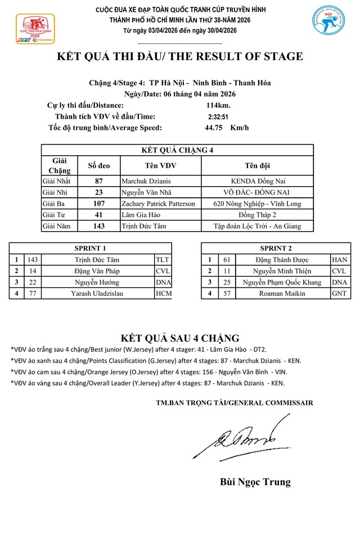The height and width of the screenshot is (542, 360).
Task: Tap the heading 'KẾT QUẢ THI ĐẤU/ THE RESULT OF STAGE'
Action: tap(180, 56)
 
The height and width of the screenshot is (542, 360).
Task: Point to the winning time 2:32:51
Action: tap(218, 116)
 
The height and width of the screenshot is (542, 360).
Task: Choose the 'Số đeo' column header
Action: tap(99, 166)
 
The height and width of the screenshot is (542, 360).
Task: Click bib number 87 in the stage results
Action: tap(99, 181)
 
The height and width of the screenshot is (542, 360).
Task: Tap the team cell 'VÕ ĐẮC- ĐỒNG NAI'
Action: tap(256, 192)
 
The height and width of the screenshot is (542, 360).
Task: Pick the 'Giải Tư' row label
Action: tap(55, 215)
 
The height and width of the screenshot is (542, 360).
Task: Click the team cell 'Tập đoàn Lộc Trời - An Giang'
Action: tap(256, 226)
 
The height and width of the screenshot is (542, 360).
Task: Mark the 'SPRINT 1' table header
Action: tap(90, 248)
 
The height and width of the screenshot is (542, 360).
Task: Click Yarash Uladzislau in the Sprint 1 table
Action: tap(97, 293)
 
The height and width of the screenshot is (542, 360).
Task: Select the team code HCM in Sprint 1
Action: tap(163, 293)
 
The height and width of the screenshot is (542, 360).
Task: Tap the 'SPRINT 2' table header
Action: tap(276, 248)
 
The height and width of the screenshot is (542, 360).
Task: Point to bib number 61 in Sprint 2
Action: tap(227, 260)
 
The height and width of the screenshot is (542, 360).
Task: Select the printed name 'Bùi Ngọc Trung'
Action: tap(255, 482)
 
